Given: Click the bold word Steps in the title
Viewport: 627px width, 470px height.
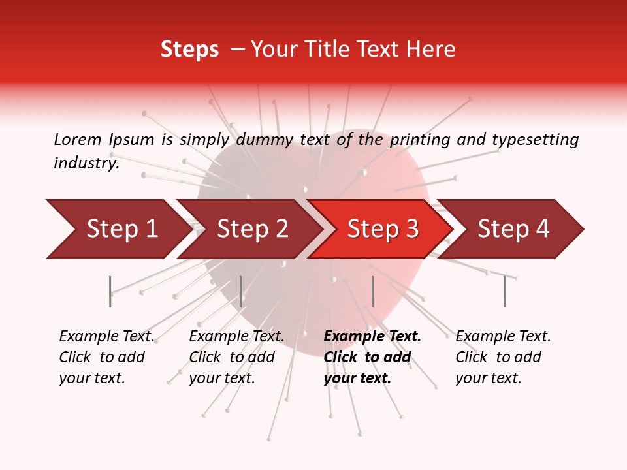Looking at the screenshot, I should (189, 50).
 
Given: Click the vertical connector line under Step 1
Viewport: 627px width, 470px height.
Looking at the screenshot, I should (110, 291).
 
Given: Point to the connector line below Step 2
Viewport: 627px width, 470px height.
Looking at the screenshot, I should (241, 291).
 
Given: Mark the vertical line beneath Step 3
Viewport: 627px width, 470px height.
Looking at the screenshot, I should (372, 291).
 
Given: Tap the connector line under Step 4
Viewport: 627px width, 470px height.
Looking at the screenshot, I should (504, 291).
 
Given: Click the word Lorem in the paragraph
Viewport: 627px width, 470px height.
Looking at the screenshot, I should (78, 139).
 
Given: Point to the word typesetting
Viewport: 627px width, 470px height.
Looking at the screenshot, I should (535, 139).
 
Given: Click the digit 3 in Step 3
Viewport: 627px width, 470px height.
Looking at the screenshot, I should (411, 229).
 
